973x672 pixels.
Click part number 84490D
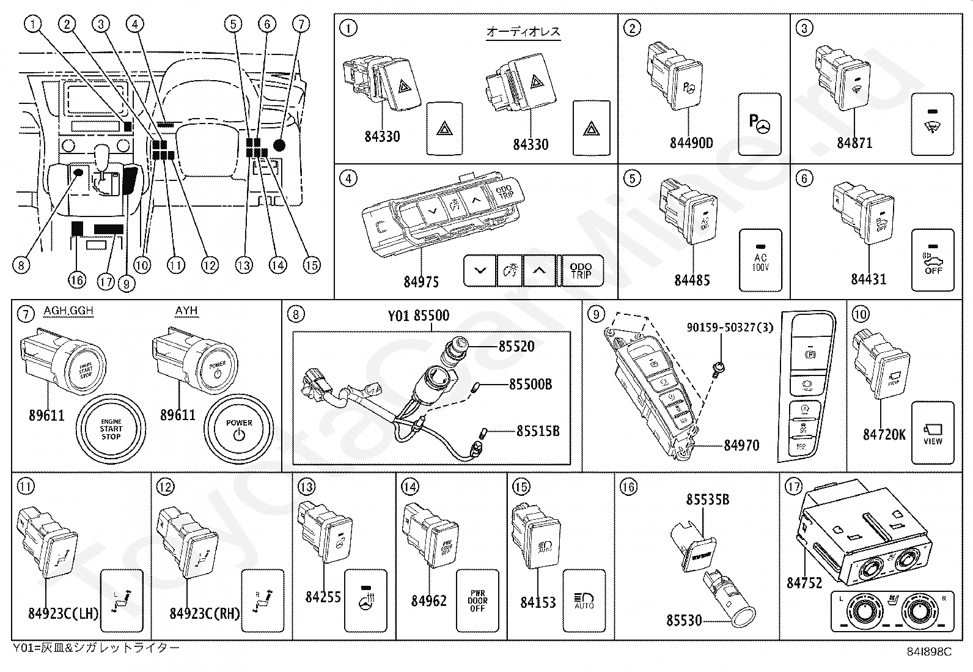coord(691,143)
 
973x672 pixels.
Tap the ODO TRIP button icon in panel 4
coord(581,270)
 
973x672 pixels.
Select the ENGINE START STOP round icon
coord(111,429)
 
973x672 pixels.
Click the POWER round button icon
coord(239,429)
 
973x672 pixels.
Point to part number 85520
coord(516,346)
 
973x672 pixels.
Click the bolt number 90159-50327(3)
coord(729,327)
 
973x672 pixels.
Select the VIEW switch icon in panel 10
coord(933,433)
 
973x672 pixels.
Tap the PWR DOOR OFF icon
coord(477,600)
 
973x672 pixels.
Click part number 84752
coord(804,583)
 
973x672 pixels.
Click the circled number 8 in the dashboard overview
coord(21,265)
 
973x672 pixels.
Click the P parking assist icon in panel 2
coord(760,124)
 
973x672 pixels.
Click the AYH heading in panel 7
coord(186,311)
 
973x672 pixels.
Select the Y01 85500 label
coord(418,316)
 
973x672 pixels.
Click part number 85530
coord(684,620)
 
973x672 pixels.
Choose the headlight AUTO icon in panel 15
coord(584,600)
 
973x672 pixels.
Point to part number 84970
coord(741,445)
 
